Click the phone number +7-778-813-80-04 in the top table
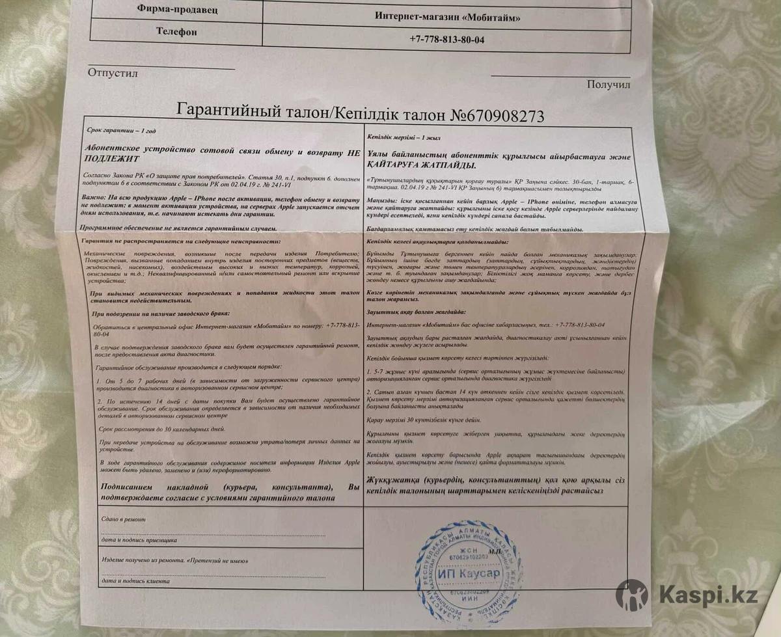click(447, 39)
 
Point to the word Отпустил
click(113, 73)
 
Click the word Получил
click(608, 84)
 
